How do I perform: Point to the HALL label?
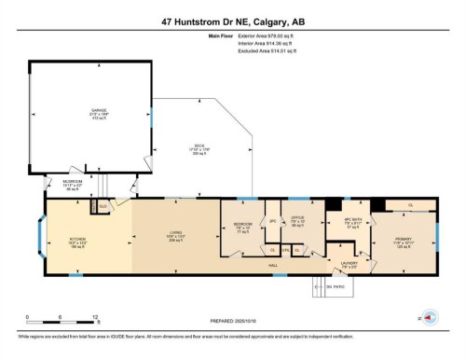274,266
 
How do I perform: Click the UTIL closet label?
284,250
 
